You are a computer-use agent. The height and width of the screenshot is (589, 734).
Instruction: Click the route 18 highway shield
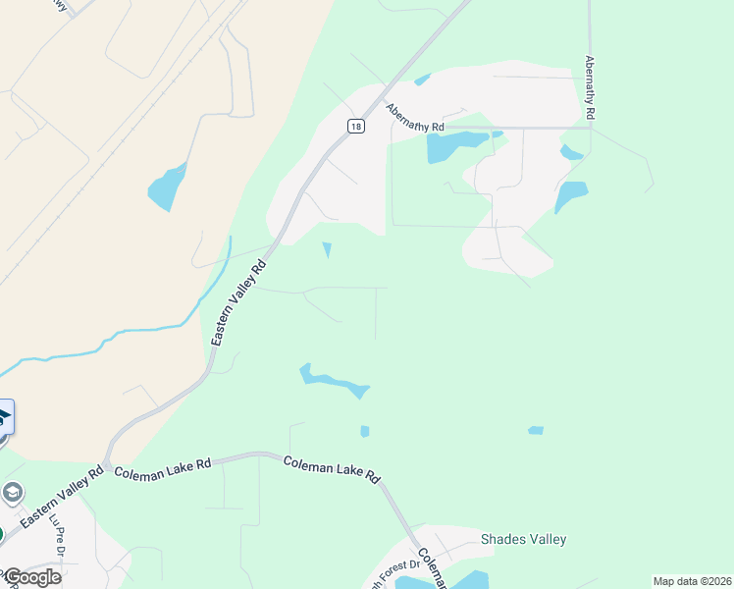pos(355,126)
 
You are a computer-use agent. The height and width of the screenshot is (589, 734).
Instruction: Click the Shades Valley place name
pos(523,539)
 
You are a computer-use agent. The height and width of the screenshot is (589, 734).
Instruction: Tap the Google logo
pos(31,576)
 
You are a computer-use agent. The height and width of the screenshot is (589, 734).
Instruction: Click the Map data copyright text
pos(693,581)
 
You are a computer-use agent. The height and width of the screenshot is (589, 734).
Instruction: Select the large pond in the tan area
pos(167,187)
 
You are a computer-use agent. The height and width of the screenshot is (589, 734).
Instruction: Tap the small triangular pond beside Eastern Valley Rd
pos(327,250)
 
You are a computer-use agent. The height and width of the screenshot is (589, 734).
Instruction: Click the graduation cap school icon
pos(13,492)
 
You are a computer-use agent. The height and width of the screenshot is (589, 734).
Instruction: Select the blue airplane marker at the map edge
pos(5,417)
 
